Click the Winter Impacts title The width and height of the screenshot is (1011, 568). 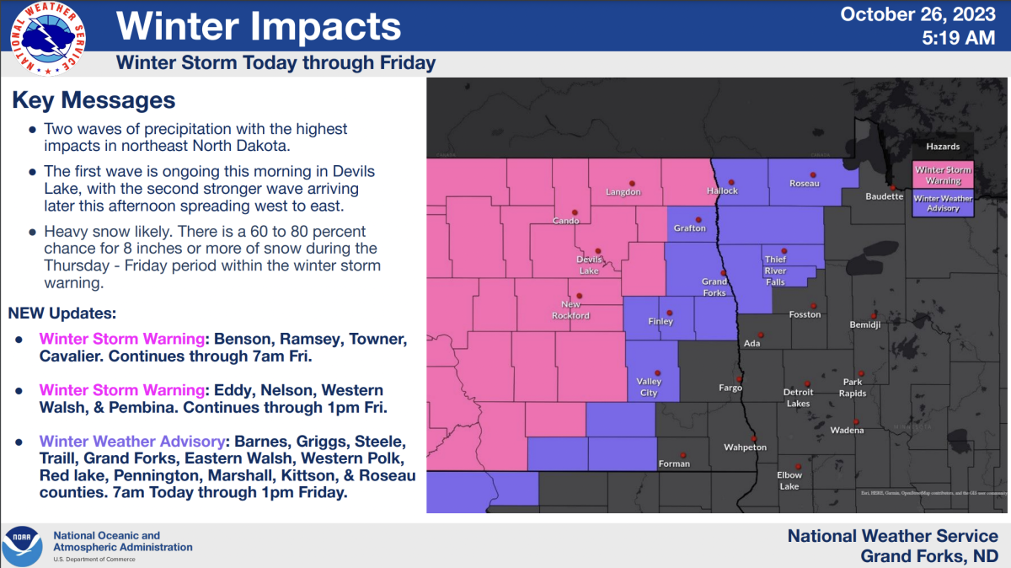click(x=258, y=26)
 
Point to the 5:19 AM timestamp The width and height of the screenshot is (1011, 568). click(x=959, y=38)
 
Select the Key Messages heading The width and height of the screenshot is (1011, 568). click(x=94, y=100)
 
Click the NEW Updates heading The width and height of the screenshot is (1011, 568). click(x=62, y=313)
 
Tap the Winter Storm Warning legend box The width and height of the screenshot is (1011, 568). click(x=944, y=176)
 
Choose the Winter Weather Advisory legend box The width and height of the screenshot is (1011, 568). click(x=944, y=203)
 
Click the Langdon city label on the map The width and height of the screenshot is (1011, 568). click(x=623, y=192)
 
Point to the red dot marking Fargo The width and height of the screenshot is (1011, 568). click(x=740, y=378)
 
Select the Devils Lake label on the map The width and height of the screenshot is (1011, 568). click(x=588, y=265)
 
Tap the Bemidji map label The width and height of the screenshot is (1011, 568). click(x=865, y=324)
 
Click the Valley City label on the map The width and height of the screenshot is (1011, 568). click(x=649, y=387)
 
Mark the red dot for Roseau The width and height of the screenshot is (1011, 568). click(x=813, y=174)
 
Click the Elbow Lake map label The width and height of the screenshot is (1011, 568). click(x=789, y=480)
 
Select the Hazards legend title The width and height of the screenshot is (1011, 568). click(x=943, y=147)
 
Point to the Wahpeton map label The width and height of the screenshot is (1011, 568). click(x=745, y=447)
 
